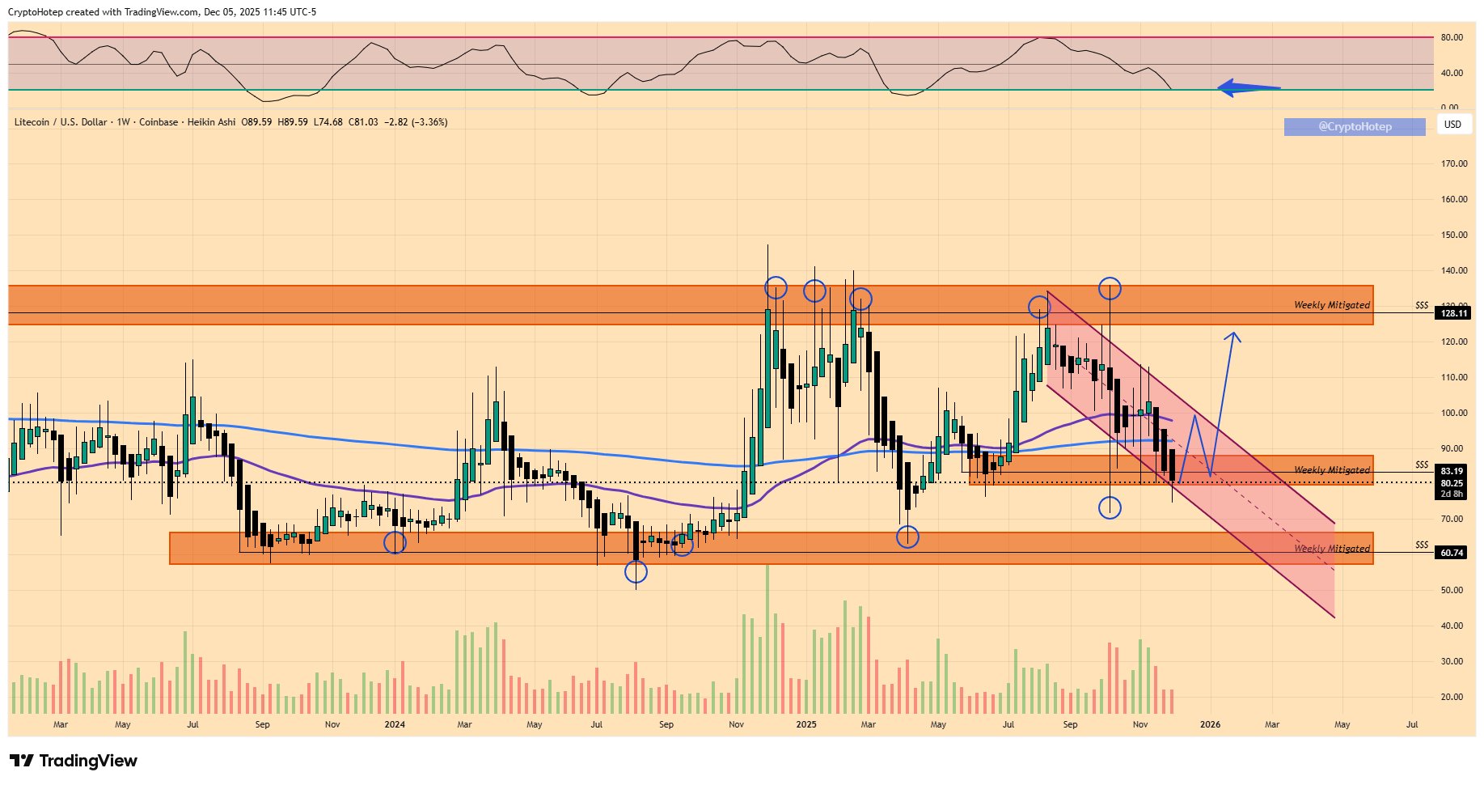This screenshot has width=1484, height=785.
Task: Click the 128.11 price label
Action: (1453, 313)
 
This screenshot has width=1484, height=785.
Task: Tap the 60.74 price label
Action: (1452, 553)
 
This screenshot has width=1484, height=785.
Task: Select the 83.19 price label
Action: (1452, 471)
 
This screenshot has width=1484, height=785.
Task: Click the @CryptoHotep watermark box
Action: (1355, 127)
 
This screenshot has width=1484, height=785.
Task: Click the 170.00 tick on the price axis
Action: (1453, 163)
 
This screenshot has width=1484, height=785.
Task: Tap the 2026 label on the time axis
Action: (1210, 724)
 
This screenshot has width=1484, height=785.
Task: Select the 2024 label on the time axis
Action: (395, 724)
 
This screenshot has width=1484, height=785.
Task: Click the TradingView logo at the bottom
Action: (74, 761)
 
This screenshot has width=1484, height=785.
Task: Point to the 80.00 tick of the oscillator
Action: (1452, 37)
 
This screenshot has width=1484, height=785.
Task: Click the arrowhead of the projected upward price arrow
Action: (1233, 336)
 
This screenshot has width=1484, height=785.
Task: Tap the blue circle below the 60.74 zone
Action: (636, 572)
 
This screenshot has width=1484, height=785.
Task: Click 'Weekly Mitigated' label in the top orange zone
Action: (1331, 305)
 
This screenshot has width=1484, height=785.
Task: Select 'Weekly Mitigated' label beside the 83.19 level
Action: (1331, 470)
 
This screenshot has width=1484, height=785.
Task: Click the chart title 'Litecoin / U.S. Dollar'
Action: (61, 122)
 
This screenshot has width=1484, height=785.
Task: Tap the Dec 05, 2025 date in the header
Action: (231, 12)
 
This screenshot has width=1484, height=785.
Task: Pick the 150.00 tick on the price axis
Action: (1453, 235)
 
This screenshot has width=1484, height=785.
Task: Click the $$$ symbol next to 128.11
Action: (1422, 306)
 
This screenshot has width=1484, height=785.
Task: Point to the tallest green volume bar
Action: (767, 639)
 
